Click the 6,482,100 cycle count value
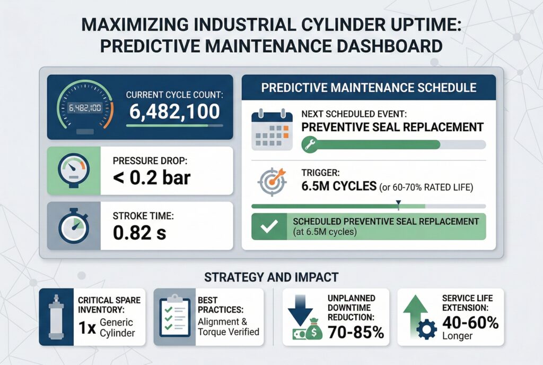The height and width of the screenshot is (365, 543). tap(174, 111)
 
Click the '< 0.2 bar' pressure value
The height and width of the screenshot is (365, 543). tap(151, 177)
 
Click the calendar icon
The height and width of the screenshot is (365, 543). tap(271, 128)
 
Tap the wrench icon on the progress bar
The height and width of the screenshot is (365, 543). tap(309, 144)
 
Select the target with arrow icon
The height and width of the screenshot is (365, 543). tap(272, 181)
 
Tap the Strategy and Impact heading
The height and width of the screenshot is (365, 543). tap(271, 277)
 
